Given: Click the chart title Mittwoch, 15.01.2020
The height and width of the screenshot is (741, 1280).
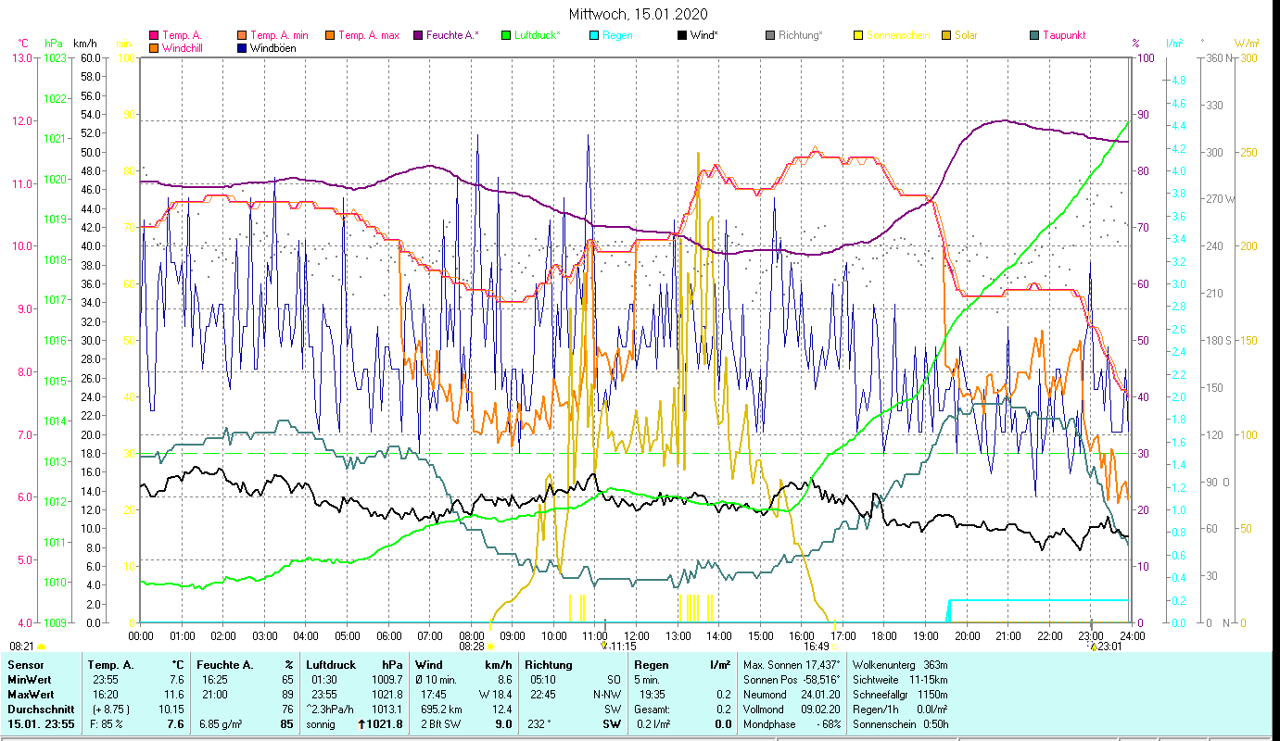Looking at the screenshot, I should pos(639,14).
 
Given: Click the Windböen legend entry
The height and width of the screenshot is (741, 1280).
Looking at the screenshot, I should pos(273,48).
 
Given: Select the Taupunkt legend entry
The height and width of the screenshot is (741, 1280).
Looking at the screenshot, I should pos(1063,35).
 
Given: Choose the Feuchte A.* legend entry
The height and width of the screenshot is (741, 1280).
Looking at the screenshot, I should pos(452,35).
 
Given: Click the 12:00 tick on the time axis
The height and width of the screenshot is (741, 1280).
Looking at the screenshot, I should pos(637,636).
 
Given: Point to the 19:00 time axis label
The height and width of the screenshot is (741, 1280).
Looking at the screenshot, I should pos(926,636).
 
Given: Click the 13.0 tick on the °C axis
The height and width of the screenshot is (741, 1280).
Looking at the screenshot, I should pos(21,57).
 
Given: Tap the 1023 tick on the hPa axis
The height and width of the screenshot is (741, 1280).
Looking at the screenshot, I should pos(55,57).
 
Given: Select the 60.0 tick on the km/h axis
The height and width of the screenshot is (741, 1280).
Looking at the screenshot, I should pos(91,57).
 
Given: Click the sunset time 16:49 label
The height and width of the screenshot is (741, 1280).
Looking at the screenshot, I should pos(816,647).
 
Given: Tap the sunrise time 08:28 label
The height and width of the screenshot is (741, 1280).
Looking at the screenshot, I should pos(472,647).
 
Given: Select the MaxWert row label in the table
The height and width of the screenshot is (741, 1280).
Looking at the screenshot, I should pos(31,694).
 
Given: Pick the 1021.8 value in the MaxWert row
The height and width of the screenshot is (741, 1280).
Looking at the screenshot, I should pos(387,694).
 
